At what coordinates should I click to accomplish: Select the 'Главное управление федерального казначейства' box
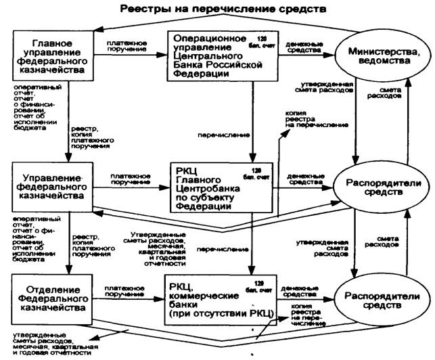pos(51,53)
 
